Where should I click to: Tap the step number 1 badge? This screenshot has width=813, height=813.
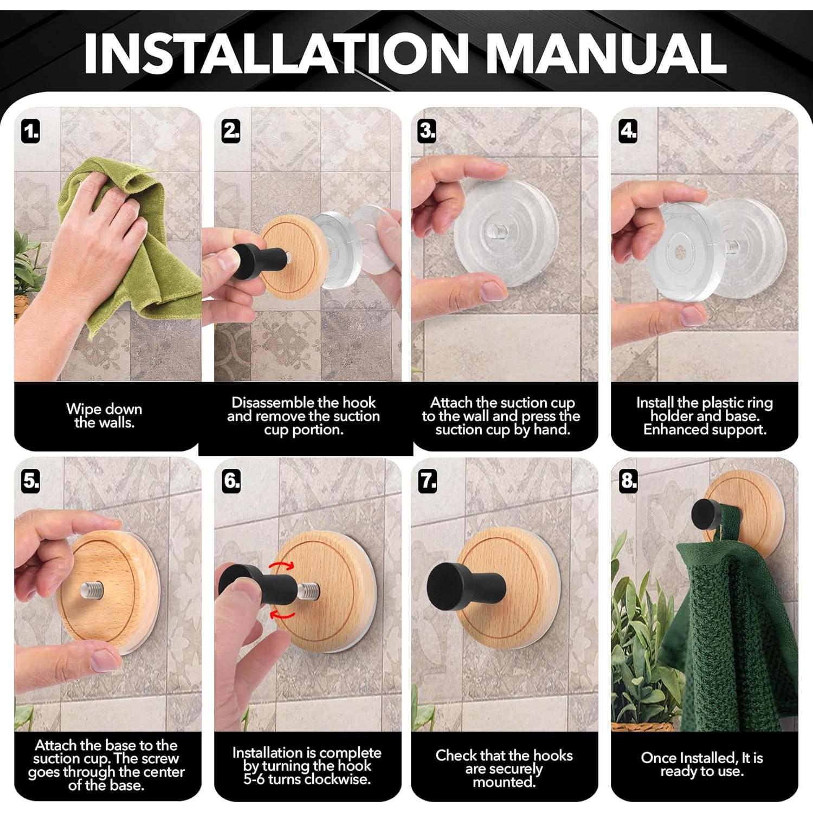pyautogui.click(x=31, y=132)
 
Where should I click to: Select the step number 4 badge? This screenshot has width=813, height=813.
pyautogui.click(x=628, y=131)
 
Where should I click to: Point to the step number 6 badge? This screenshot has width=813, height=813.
pyautogui.click(x=231, y=481)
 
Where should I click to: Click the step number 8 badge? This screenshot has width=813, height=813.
pyautogui.click(x=628, y=481)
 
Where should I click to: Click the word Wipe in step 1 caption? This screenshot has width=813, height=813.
pyautogui.click(x=83, y=409)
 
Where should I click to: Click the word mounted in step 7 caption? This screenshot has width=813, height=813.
pyautogui.click(x=504, y=782)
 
